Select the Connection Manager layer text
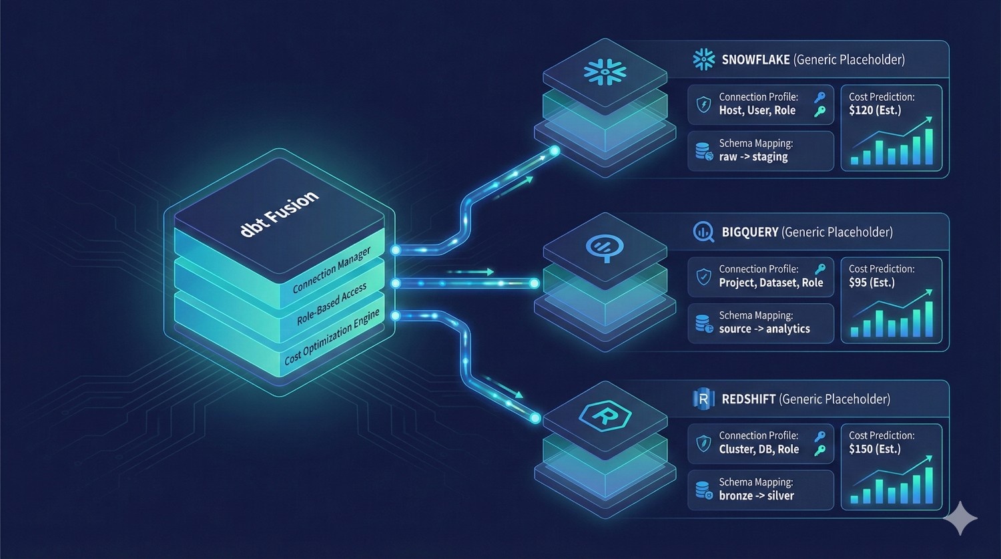coord(332,270)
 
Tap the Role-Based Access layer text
coord(332,304)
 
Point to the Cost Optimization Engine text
coord(332,337)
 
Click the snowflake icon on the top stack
coord(605,71)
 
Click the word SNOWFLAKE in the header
coord(755,60)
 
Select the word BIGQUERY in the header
coord(749,232)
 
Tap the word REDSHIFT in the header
coord(748,399)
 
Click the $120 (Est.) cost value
coord(875,110)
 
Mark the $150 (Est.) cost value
coord(875,449)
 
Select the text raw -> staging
coord(753,157)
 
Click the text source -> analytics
coord(764,329)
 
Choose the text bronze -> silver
coord(756,496)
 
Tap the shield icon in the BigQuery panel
coord(703,276)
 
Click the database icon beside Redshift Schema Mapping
coord(703,491)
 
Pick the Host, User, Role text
coord(757,111)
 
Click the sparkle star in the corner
coord(960,518)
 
